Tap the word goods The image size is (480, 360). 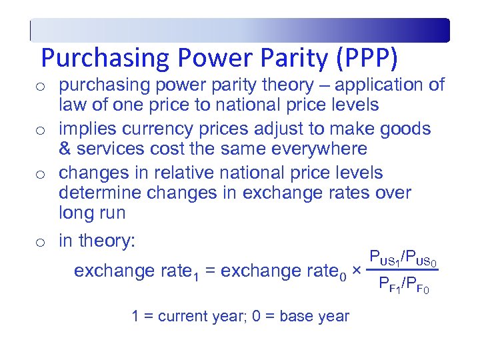(406, 129)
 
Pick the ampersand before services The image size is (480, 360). (65, 149)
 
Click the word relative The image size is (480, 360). (184, 172)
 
